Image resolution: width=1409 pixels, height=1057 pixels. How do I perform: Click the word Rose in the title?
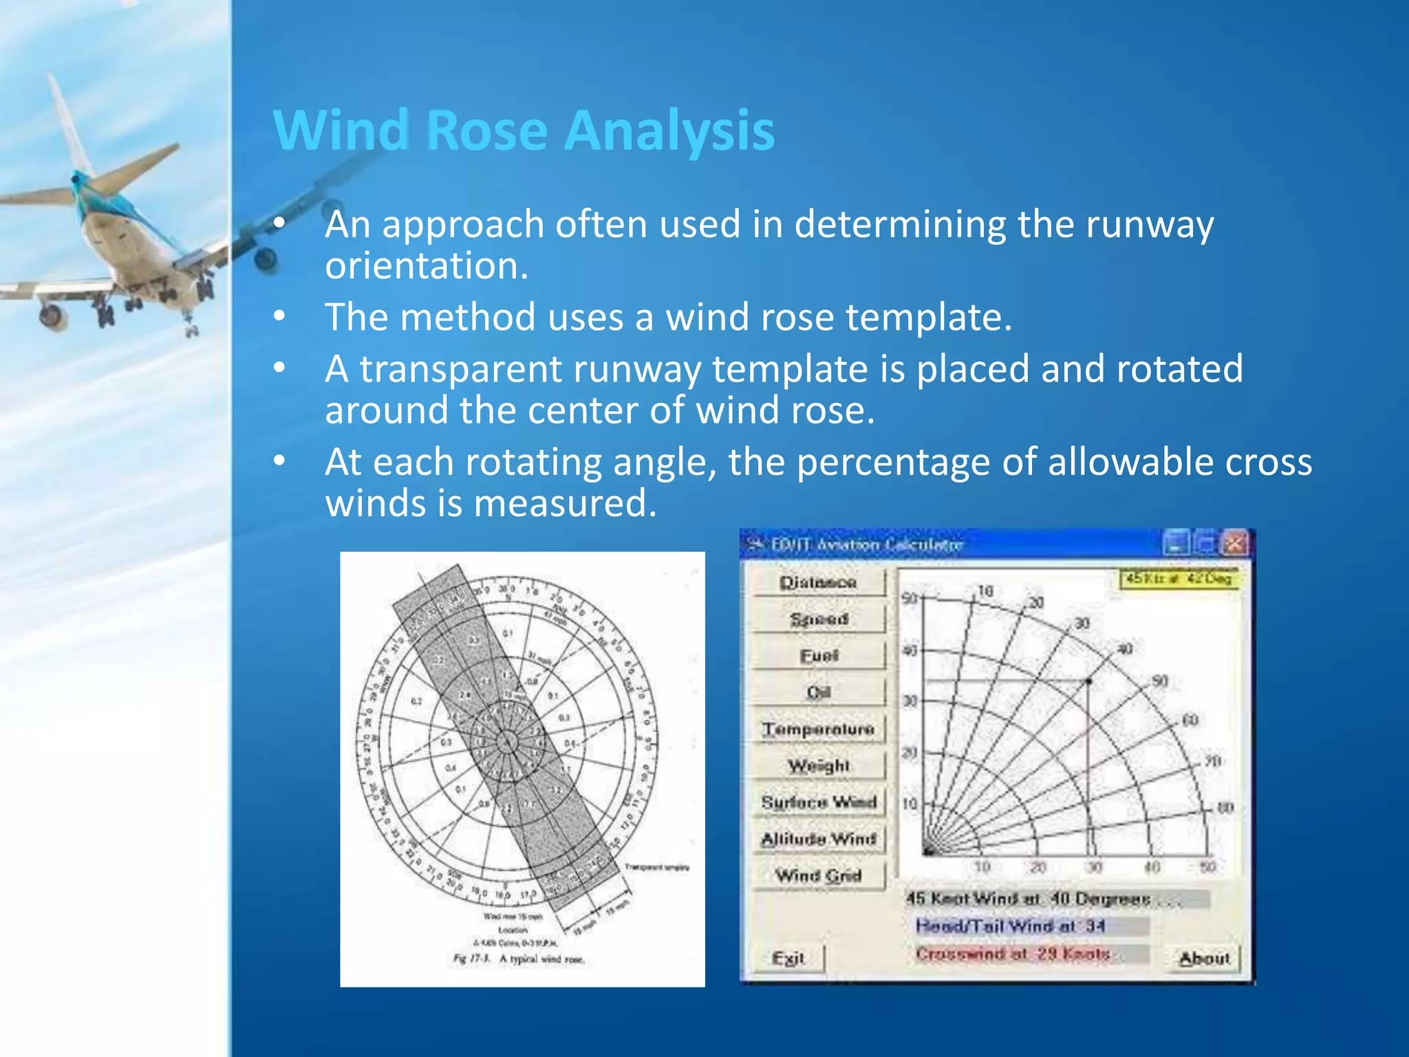point(488,130)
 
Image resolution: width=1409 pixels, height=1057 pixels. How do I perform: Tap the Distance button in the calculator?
point(817,582)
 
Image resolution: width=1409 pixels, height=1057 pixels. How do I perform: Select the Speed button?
point(817,619)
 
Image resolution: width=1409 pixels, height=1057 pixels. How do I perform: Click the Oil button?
point(817,692)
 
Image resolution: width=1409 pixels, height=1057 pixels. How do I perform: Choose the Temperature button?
point(817,729)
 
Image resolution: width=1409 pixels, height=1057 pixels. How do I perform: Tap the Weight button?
point(817,765)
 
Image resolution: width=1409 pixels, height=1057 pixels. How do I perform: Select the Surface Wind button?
point(817,802)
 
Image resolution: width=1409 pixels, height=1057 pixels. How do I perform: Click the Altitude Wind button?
point(817,838)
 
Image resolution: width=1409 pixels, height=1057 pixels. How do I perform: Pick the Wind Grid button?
point(817,875)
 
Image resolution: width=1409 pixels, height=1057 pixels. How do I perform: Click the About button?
point(1204,958)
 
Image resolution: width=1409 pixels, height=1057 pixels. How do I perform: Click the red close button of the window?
point(1235,544)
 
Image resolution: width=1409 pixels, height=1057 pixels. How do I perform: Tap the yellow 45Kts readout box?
point(1179,578)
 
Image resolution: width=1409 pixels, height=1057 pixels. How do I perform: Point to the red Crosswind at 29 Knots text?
point(1013,954)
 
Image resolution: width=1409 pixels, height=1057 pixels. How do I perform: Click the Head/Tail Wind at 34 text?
point(1010,926)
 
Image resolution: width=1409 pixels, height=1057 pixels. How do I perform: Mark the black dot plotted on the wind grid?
point(1088,681)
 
